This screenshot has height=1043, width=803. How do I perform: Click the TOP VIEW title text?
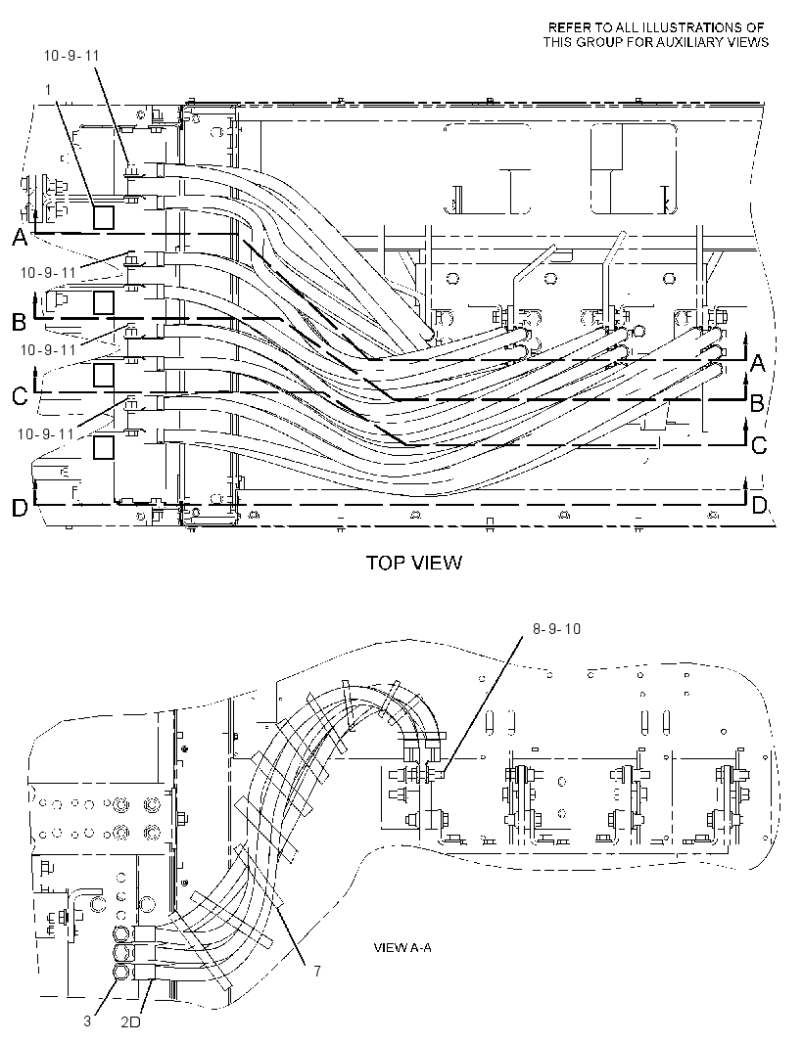click(x=413, y=563)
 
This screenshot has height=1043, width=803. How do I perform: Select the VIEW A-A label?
click(x=402, y=946)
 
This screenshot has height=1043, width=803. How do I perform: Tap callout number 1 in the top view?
click(x=48, y=89)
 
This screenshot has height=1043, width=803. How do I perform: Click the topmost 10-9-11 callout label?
click(x=71, y=56)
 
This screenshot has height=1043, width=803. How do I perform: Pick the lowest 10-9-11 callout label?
click(x=46, y=433)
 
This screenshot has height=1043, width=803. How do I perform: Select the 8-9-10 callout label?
click(x=556, y=628)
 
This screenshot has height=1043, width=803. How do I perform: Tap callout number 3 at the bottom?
click(x=87, y=1020)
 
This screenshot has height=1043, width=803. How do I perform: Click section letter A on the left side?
click(x=20, y=238)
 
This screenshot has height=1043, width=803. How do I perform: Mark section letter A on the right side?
click(x=758, y=363)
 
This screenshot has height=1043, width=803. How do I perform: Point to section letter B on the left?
click(x=20, y=322)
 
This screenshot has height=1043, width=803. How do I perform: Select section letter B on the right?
click(x=757, y=403)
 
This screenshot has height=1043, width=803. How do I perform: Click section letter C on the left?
click(x=20, y=396)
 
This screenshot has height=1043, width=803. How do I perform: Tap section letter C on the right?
click(x=758, y=444)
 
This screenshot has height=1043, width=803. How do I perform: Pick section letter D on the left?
click(x=20, y=508)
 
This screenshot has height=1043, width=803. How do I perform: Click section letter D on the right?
click(x=759, y=506)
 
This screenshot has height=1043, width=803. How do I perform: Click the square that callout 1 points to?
click(x=103, y=217)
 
